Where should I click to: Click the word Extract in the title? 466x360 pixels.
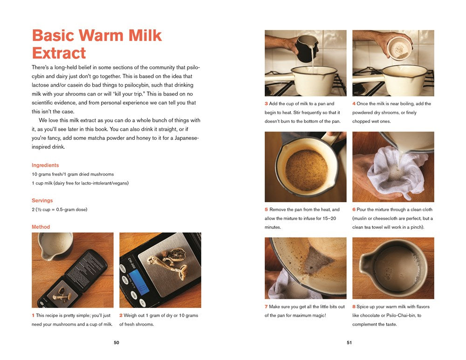pos(59,53)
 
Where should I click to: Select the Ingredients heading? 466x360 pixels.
pos(45,165)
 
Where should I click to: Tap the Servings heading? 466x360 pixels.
pos(42,201)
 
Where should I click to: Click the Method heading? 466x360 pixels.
pos(41,227)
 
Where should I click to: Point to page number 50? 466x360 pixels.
pos(116,342)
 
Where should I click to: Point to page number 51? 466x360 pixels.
pos(349,342)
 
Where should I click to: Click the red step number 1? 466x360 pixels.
pos(33,315)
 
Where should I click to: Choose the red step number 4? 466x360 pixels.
pos(354,104)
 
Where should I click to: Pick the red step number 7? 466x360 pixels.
pos(266,306)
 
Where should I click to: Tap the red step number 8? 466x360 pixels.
pos(354,306)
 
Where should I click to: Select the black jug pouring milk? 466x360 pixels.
pos(307,48)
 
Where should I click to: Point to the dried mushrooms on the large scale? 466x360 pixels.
pos(168,263)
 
